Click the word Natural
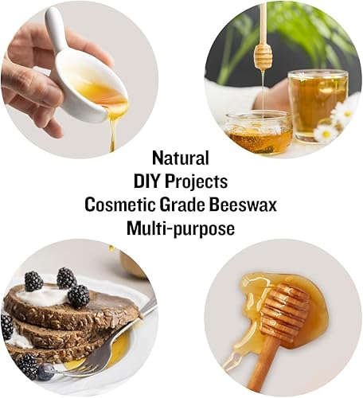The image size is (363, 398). pos(181,157)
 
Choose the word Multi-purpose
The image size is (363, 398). pos(181,228)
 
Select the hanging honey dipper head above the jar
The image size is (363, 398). pos(263,56)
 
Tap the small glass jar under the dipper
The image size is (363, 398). pos(257,131)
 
